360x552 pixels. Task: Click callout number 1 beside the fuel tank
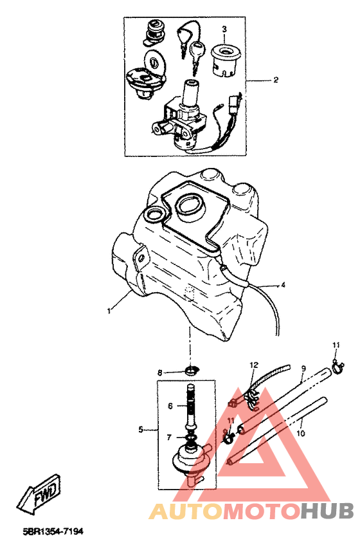click(x=109, y=311)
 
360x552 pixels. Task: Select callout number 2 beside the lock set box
click(x=276, y=80)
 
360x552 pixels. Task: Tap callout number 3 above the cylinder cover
click(x=224, y=29)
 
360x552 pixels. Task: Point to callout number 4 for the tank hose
click(x=283, y=285)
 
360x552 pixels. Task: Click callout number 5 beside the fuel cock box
click(x=141, y=430)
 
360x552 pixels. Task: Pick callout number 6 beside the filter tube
click(x=170, y=406)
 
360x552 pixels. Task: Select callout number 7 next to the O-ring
click(x=169, y=437)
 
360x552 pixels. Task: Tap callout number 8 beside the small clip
click(x=160, y=373)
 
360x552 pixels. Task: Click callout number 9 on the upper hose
click(x=303, y=369)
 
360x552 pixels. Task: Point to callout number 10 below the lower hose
click(x=300, y=433)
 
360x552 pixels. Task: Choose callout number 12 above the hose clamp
click(x=254, y=365)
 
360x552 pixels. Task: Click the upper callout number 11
click(x=336, y=345)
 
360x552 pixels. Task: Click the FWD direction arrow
click(x=39, y=493)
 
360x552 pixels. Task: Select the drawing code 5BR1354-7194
click(x=53, y=531)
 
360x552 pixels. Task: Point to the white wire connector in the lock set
click(x=234, y=102)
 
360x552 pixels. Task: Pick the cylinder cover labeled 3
click(x=225, y=59)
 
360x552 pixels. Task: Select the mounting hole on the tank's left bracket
click(x=141, y=259)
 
